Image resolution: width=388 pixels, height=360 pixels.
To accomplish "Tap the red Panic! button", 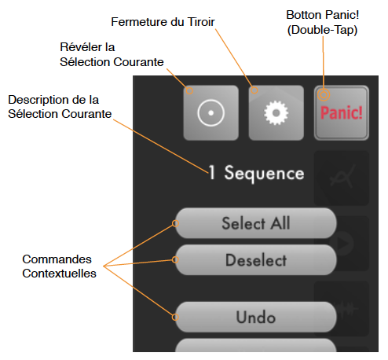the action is [x=342, y=113].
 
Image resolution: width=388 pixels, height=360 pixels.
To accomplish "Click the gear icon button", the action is [x=276, y=113].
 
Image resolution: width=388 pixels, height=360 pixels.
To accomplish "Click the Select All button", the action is [x=256, y=223].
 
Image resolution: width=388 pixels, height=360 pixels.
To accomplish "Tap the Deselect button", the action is [x=256, y=260].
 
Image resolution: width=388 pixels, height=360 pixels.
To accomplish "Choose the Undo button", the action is [x=256, y=317].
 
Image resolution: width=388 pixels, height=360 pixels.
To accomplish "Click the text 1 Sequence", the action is [x=256, y=173].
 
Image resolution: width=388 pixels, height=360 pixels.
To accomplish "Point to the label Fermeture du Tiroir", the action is [x=163, y=22].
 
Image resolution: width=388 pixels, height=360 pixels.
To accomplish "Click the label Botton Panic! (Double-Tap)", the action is [x=323, y=22].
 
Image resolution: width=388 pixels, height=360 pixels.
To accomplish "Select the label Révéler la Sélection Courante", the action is [x=112, y=54].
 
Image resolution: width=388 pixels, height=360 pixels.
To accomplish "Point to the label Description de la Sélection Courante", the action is [x=60, y=107].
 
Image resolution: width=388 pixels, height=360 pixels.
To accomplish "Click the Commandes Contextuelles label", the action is [x=59, y=266].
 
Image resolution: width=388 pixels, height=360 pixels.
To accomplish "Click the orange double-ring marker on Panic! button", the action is [x=324, y=94].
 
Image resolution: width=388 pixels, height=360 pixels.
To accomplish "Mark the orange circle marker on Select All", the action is [x=175, y=223].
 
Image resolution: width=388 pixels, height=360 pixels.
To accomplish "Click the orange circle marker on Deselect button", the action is [x=175, y=259].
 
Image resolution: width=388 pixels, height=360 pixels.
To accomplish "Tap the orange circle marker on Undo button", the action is [x=175, y=317].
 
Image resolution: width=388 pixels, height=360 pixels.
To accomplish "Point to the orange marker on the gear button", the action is [x=254, y=90].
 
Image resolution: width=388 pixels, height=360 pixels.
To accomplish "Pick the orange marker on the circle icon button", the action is [x=189, y=90].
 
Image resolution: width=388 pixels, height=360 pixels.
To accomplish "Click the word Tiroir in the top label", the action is [x=201, y=22].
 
